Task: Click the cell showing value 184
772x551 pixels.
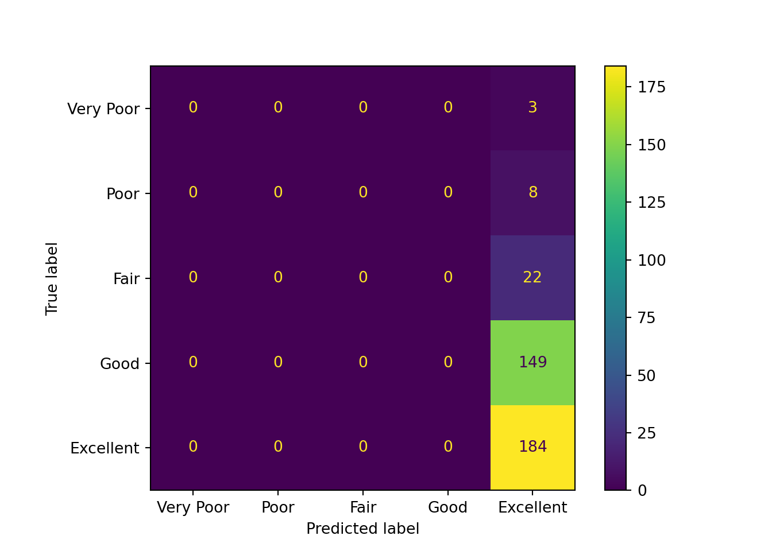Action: pos(532,447)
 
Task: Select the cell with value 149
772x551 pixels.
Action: pos(532,362)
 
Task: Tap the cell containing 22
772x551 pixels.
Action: pos(532,277)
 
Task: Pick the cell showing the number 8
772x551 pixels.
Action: pos(532,192)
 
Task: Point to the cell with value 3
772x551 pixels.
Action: pos(532,107)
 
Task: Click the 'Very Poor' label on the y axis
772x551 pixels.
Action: pos(103,108)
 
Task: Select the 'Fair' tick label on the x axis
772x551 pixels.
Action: pos(363,507)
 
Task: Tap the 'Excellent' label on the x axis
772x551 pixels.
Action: pos(532,507)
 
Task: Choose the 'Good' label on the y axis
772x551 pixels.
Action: pos(119,363)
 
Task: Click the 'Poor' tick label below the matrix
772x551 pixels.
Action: pos(278,507)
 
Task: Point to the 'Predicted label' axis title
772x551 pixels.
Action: pos(363,529)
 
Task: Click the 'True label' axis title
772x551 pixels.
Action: pos(52,278)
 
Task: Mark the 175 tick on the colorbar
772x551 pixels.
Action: pos(652,87)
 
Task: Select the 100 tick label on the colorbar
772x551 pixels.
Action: pos(652,260)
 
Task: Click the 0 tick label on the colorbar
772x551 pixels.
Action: pos(642,491)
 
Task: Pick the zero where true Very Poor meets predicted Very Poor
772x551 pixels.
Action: pos(193,107)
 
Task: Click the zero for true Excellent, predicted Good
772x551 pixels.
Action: pos(448,447)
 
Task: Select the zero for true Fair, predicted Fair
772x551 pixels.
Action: pos(363,277)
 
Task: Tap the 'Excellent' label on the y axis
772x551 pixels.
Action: pos(105,448)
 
